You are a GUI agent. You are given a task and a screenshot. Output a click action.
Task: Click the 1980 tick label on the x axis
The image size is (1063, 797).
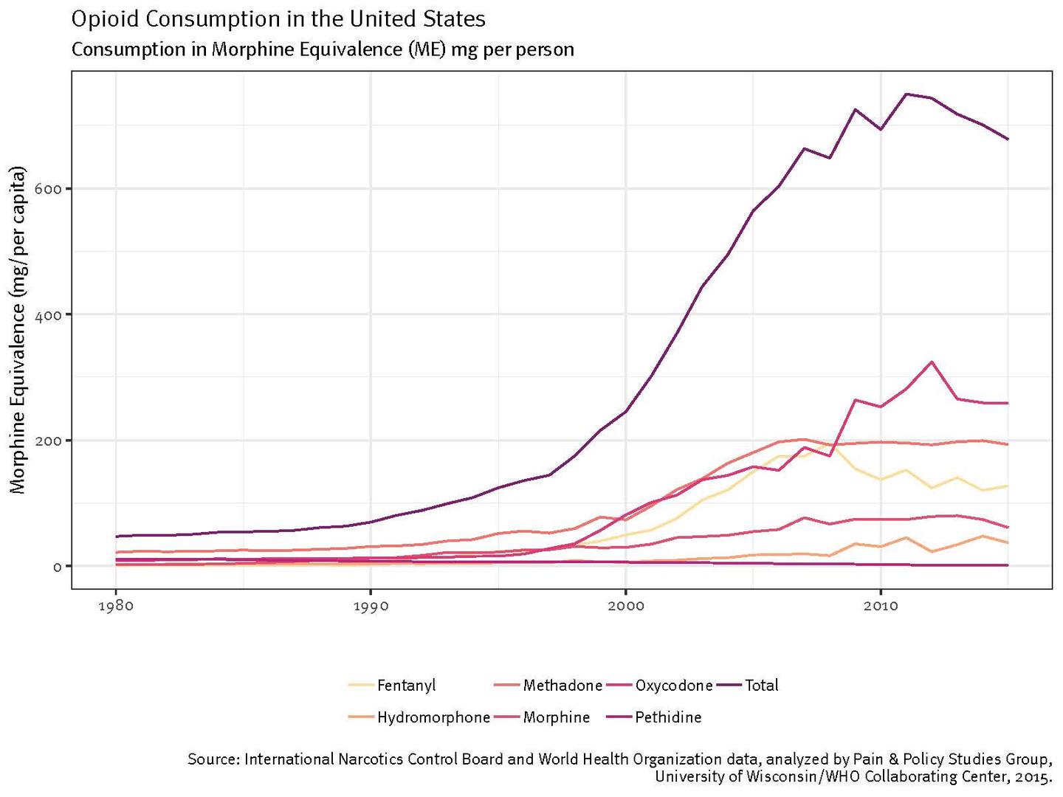coord(115,607)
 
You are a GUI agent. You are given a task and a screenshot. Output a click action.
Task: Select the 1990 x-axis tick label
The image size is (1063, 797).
coord(370,607)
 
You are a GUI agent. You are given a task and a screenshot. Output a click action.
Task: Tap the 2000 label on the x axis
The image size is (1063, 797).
coord(625,607)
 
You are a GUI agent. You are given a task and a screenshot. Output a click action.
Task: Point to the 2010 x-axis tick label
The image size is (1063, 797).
coord(880,607)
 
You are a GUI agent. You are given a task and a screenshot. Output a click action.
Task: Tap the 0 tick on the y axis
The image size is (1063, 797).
coord(58,567)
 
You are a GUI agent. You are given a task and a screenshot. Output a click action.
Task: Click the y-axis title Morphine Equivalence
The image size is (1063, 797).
coord(19,329)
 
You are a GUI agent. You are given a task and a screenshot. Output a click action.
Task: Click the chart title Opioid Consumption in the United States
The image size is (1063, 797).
coord(278,18)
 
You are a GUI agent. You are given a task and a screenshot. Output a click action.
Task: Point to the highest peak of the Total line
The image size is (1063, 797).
coord(906,94)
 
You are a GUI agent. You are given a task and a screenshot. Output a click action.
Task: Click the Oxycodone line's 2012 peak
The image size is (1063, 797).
coord(932,362)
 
